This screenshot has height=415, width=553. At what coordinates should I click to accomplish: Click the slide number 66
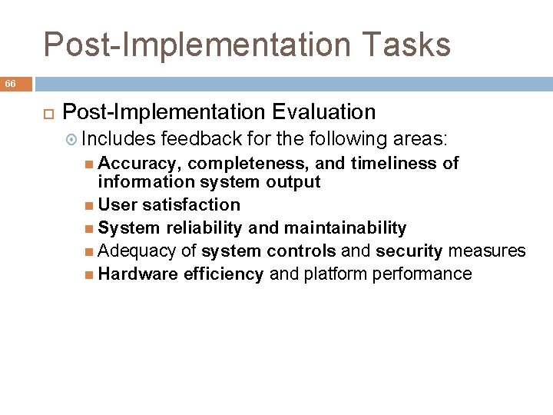(12, 83)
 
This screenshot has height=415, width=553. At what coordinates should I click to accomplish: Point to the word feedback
(193, 139)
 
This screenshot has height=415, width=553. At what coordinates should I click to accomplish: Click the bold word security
(409, 251)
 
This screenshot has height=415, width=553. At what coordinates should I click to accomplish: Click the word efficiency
(224, 274)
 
